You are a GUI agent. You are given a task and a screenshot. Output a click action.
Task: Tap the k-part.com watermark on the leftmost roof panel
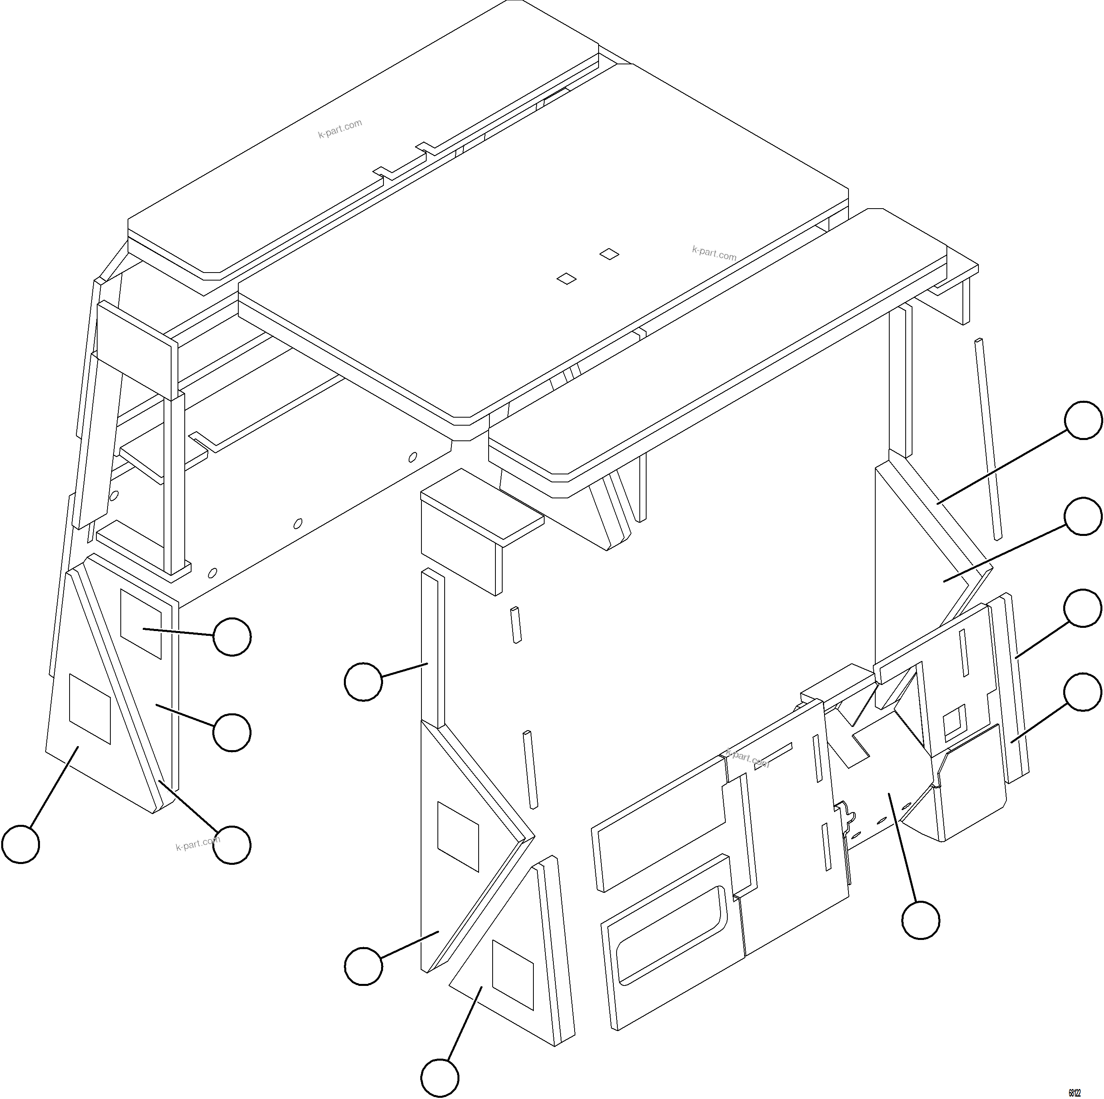340,129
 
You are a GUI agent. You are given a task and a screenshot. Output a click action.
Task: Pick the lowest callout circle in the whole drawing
440,1078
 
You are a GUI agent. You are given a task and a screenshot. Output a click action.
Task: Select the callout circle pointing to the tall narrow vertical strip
363,681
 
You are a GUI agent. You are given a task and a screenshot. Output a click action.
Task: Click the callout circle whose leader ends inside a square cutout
232,636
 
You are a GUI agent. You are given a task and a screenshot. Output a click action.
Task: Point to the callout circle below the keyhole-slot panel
920,920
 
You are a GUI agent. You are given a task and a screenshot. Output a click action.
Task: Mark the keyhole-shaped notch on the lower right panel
844,812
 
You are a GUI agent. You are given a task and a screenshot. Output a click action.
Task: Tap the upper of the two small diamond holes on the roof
609,254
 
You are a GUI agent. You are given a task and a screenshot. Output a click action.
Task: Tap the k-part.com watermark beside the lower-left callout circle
197,843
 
